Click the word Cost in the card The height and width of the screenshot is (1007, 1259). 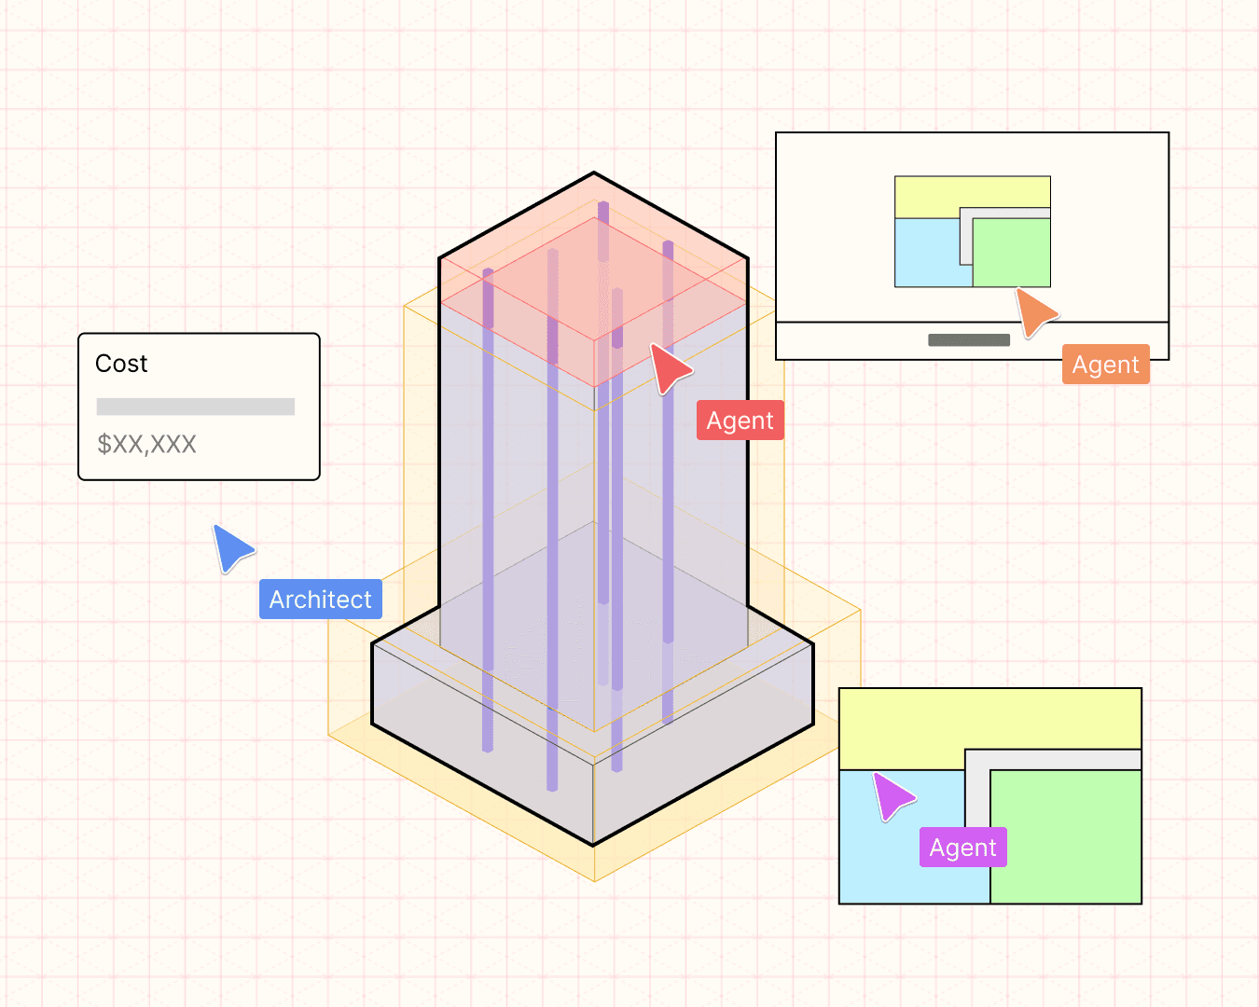coord(121,364)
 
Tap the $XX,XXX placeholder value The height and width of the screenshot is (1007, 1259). coord(146,444)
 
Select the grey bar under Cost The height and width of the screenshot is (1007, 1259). coord(196,407)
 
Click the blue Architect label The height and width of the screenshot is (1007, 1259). coord(320,600)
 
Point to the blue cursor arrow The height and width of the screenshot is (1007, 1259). coord(230,547)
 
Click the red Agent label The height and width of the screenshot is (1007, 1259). coord(740,421)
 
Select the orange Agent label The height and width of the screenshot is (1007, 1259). coord(1105,365)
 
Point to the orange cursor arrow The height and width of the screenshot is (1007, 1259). coord(1034,311)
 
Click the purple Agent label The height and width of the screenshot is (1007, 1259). coord(962,848)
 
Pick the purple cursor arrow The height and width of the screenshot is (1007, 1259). coord(892,795)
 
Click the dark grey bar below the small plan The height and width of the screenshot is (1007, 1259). coord(969,340)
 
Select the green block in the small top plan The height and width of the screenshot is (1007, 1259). coord(1012,253)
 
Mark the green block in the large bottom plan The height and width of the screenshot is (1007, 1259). coord(1066,836)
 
